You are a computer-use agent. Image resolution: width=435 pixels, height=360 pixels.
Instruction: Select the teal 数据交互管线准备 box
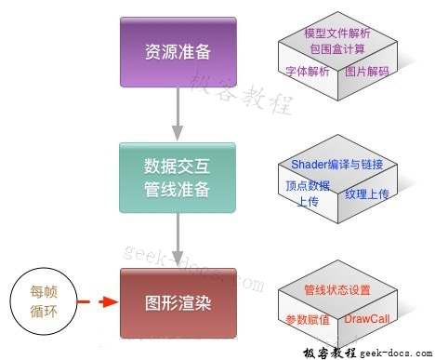point(177,178)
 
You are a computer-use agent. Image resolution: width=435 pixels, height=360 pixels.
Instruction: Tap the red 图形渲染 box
point(177,303)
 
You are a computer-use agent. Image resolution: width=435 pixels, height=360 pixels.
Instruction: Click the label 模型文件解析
point(337,33)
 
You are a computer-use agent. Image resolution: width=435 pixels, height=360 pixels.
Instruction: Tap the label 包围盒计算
point(337,48)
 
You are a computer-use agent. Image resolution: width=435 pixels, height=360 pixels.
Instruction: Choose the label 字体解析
point(307,71)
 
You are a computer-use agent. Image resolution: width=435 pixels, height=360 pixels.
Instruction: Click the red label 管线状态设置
point(337,288)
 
